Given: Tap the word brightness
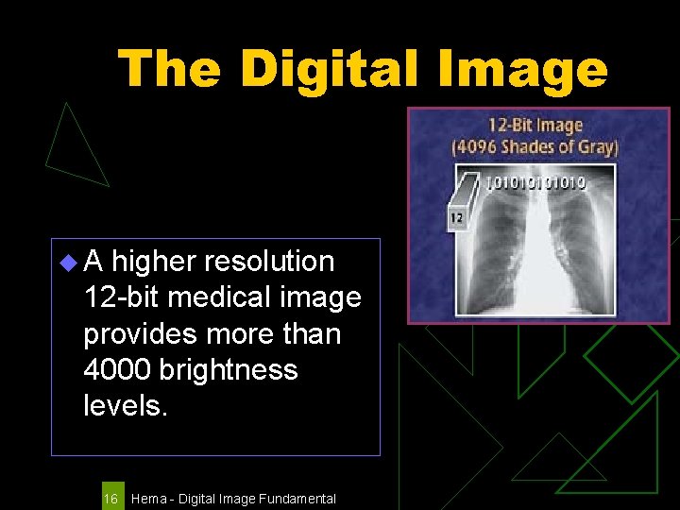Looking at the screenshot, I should (x=229, y=369).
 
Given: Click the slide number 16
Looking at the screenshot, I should (x=110, y=498).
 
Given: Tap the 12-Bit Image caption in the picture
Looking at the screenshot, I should (x=535, y=126).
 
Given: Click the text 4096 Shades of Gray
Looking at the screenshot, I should (x=535, y=146).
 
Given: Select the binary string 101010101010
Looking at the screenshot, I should (x=535, y=181).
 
